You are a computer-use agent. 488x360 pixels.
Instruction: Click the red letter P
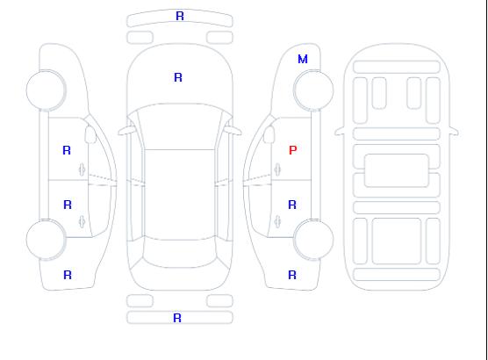293,150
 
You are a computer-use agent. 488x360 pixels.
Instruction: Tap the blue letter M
303,59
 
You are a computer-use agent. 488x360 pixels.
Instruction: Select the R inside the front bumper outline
180,16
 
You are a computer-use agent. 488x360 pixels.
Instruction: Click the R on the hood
178,77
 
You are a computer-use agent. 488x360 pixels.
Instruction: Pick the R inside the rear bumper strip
177,318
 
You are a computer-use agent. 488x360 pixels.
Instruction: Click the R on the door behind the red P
292,205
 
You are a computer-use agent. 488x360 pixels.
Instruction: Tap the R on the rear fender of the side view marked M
292,275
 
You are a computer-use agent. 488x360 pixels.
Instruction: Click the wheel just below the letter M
313,90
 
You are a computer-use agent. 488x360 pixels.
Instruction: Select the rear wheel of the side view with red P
313,239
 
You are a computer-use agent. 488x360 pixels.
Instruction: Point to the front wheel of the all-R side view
46,90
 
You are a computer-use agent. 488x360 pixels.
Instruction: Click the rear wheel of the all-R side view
46,239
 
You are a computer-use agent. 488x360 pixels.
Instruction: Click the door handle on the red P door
277,169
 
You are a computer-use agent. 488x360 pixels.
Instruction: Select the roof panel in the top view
180,195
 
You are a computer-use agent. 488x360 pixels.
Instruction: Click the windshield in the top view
180,126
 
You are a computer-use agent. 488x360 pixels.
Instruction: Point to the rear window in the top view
180,253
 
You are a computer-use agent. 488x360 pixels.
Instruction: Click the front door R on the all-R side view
67,150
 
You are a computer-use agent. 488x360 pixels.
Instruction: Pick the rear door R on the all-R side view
68,205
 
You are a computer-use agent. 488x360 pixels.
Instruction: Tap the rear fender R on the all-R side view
68,275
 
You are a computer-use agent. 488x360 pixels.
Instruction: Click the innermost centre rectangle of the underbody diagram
397,170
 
